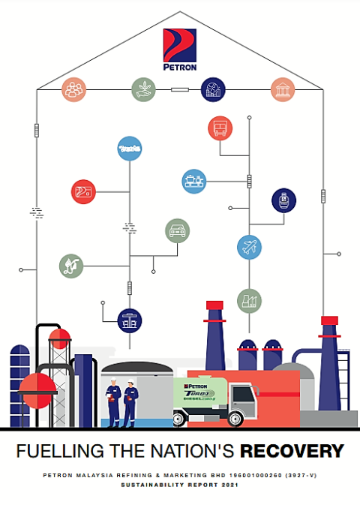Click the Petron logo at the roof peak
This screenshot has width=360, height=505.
pos(179,48)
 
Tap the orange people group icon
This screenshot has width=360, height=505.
pos(73,89)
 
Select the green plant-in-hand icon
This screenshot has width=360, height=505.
pos(142,89)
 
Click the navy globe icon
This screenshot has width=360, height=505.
pos(212,89)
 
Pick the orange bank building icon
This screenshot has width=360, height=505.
pos(283,89)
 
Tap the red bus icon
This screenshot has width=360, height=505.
pos(220,128)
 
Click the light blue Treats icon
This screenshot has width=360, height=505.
pos(130,148)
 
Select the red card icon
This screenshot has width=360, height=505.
pos(82,191)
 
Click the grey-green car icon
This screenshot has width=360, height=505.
pos(177,230)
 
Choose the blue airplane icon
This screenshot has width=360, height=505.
pos(249,246)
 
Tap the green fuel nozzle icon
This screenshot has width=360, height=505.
pos(71,265)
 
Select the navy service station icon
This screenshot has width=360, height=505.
pos(130,321)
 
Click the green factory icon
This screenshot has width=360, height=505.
pos(249,301)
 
